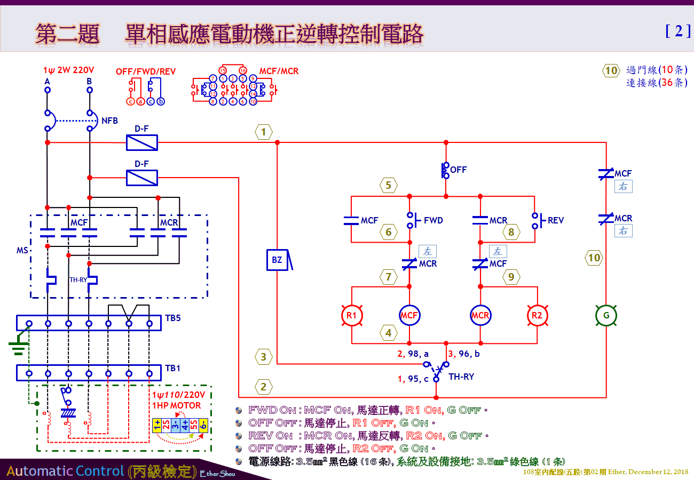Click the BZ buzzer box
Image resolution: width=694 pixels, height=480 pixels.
tap(277, 260)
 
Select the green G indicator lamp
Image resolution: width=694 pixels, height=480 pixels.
tap(606, 315)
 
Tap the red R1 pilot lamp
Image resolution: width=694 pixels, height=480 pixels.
tap(352, 315)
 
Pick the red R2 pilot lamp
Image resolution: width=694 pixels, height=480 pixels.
tap(537, 315)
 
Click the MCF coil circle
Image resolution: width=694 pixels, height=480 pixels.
tap(409, 315)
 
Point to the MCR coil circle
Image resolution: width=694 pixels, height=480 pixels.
tap(480, 315)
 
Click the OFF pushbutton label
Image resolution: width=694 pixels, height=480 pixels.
tap(458, 170)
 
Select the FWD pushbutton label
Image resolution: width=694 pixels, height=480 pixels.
tap(433, 220)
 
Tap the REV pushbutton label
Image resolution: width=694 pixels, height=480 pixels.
tap(555, 220)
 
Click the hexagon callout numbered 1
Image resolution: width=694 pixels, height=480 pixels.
tap(263, 132)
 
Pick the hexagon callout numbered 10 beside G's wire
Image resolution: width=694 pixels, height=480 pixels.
tap(594, 258)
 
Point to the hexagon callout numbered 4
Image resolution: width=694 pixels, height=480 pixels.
tap(388, 333)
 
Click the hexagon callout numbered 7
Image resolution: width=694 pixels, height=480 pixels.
tap(388, 277)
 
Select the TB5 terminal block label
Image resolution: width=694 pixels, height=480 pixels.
tap(173, 318)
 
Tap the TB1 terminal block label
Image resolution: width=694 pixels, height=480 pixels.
tap(172, 368)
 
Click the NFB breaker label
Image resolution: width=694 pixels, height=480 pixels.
tap(109, 121)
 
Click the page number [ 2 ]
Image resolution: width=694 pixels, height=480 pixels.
tap(678, 31)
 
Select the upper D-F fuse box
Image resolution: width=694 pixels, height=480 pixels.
tap(141, 142)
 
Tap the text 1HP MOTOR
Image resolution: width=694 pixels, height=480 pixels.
tap(177, 405)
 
